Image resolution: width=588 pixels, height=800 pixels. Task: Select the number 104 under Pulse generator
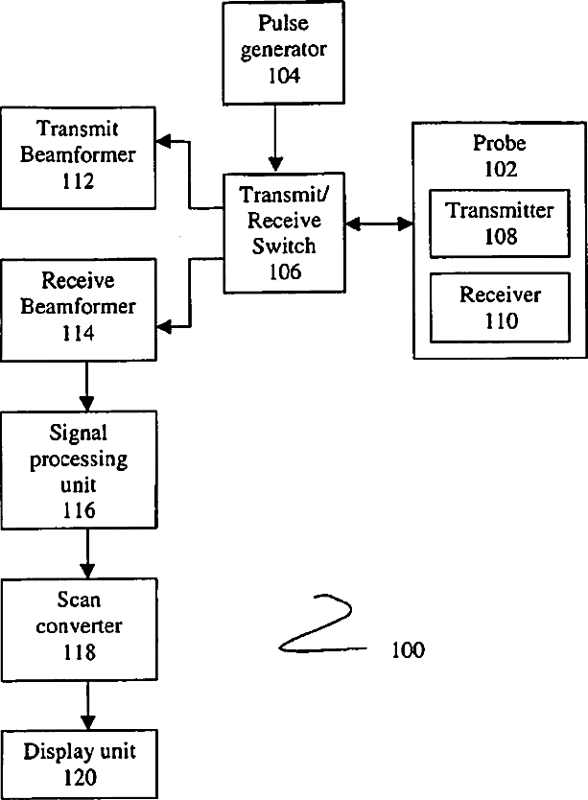[284, 76]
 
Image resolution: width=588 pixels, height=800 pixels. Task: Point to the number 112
[78, 181]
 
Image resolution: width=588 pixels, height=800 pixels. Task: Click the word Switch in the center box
[284, 246]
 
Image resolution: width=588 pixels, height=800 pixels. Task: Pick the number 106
[285, 271]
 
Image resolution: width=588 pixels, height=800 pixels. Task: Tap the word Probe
[499, 143]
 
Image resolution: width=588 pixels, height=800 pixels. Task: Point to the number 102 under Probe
[501, 169]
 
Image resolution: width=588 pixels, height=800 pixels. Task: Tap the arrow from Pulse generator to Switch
[275, 138]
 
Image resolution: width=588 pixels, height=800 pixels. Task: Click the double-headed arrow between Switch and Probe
[379, 224]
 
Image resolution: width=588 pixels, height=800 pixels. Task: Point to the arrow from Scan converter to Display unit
[88, 706]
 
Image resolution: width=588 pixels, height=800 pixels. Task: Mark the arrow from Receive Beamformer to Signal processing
[86, 387]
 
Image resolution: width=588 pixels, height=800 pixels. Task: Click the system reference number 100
[409, 650]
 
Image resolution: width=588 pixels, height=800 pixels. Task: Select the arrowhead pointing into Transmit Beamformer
[163, 141]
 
